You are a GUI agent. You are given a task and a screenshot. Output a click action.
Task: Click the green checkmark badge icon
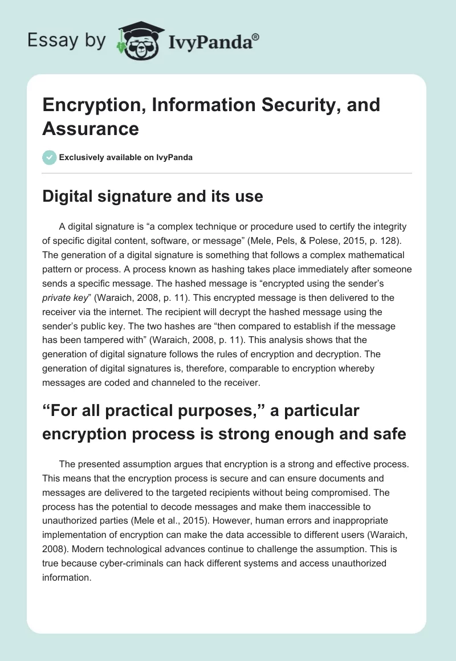(x=50, y=157)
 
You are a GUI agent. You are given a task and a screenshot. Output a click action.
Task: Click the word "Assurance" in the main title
(x=91, y=128)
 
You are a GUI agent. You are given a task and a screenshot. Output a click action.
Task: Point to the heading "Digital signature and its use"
(x=153, y=197)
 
